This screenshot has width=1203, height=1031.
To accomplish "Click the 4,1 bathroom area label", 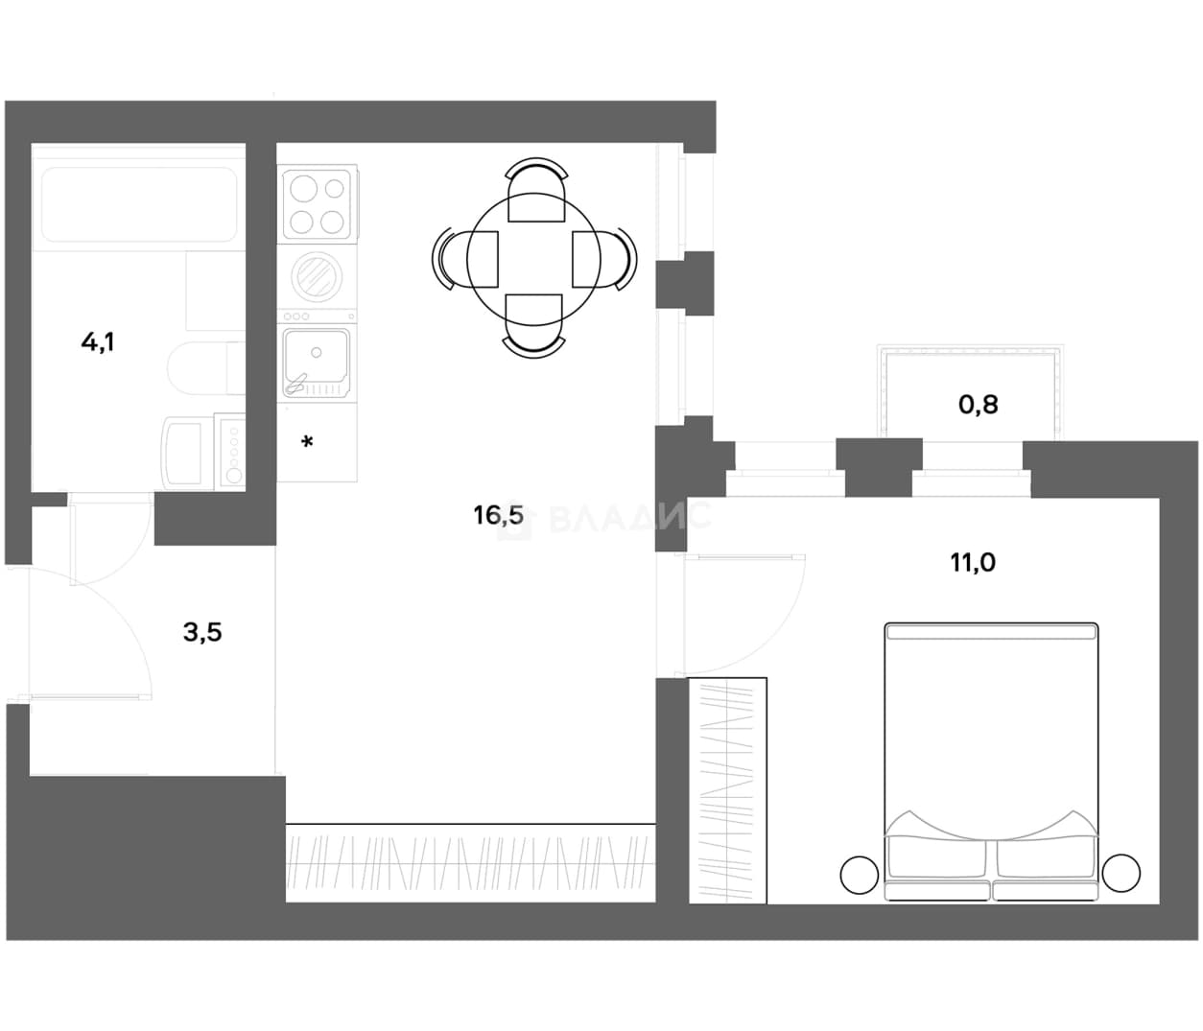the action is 98,342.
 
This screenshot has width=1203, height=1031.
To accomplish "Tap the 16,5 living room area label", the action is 498,515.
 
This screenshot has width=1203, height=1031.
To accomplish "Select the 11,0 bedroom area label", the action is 973,562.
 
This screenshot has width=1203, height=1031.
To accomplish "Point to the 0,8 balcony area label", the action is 979,405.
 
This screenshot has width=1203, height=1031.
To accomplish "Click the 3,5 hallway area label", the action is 202,632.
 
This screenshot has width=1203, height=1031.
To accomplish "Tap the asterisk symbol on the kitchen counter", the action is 307,443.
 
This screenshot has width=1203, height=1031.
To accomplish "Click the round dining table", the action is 533,260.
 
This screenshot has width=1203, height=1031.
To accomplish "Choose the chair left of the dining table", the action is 464,259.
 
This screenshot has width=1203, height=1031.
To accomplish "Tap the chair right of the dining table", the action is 604,258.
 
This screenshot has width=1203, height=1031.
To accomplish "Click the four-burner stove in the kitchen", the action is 318,203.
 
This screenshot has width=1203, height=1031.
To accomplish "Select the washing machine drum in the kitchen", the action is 317,276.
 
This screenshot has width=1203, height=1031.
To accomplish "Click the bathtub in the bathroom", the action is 139,204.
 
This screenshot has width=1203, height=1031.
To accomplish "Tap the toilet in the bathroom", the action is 206,367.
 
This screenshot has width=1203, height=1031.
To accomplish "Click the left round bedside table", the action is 859,875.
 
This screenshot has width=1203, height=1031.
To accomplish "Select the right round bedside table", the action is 1121,873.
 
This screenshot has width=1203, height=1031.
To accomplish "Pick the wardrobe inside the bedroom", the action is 727,790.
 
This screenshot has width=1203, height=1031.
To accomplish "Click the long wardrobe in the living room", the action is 470,863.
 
